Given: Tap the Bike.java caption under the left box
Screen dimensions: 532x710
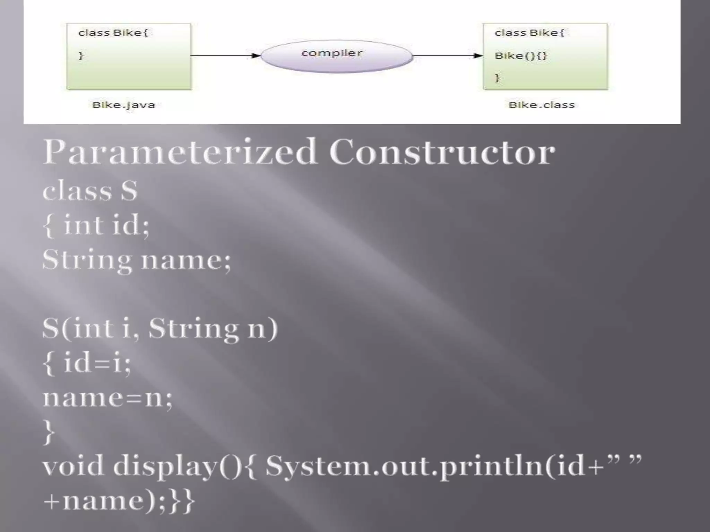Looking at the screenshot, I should [x=124, y=105].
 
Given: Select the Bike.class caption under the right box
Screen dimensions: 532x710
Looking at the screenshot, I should [x=542, y=105].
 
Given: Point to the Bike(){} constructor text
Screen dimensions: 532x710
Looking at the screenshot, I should [x=520, y=56].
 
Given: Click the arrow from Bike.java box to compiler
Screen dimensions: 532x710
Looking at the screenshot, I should [x=225, y=55].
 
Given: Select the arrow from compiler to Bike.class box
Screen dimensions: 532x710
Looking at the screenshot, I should [x=448, y=55].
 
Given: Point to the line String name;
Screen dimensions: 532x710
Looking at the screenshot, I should [x=136, y=260].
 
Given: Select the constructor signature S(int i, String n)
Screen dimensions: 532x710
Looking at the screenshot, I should [x=160, y=328].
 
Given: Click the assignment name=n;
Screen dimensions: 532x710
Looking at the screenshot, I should [x=107, y=397].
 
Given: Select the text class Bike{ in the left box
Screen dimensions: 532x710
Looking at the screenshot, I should [x=113, y=33].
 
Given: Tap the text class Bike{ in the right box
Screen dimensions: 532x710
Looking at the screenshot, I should [x=529, y=33].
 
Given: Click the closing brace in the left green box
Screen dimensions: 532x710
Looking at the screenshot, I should [x=81, y=55].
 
